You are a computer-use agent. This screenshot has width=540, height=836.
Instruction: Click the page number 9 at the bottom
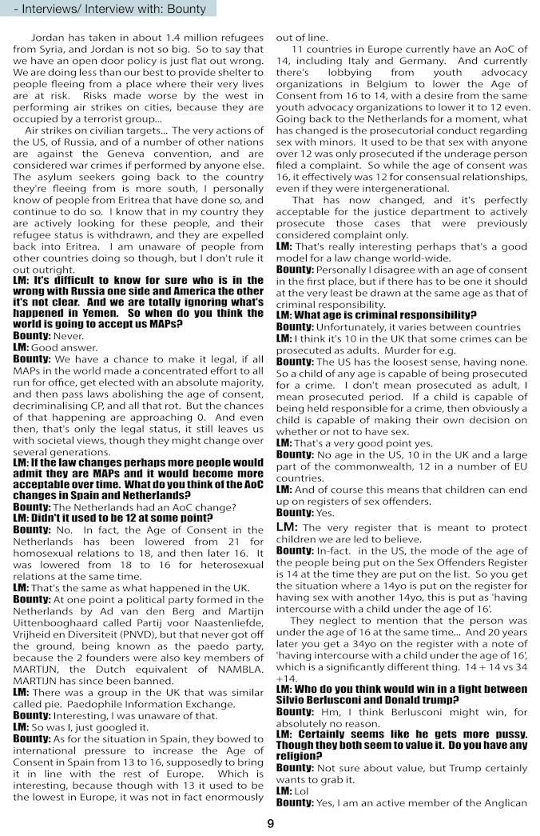[270, 824]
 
